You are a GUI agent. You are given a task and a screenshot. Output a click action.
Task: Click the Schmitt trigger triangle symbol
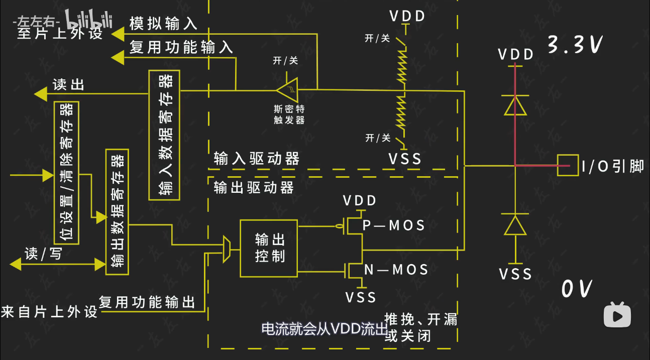point(288,90)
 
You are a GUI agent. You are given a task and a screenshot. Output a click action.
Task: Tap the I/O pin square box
point(567,165)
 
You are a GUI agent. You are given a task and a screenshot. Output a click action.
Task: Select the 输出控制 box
point(269,248)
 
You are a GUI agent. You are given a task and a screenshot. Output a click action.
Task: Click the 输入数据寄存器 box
point(164,135)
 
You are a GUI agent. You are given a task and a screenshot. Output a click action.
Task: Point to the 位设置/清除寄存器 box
point(66,172)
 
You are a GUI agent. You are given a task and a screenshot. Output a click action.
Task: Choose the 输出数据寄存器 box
point(117,212)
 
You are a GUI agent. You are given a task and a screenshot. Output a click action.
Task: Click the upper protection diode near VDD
point(515,106)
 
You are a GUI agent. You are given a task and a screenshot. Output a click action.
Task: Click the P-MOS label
point(394,225)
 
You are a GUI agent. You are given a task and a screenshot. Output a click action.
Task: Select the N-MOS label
point(396,270)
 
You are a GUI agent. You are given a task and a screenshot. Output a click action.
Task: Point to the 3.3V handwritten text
point(574,45)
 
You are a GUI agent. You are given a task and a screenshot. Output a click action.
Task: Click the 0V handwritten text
point(576,289)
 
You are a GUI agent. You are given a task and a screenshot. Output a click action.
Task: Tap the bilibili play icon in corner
point(617,315)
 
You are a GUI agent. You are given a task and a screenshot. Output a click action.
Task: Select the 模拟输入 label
point(163,23)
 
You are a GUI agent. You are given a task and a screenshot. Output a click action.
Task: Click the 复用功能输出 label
point(147,302)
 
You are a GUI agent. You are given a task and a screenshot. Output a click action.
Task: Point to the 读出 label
point(68,85)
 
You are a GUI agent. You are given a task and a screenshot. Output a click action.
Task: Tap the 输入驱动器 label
point(256,159)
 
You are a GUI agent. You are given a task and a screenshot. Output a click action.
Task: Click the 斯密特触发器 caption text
point(289,114)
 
